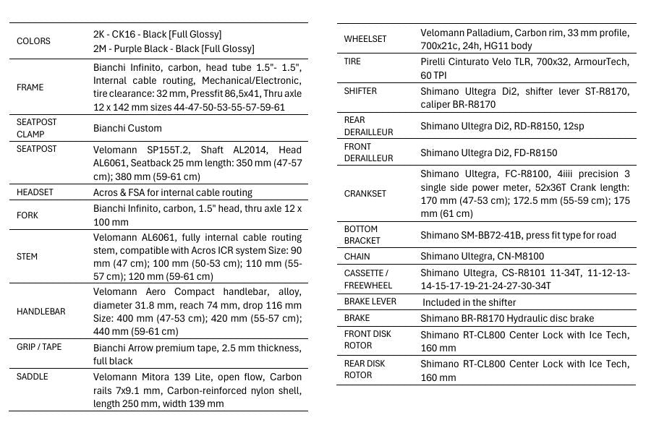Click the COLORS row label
point(33,41)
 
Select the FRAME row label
point(30,87)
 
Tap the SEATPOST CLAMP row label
point(36,128)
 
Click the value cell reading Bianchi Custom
point(127,129)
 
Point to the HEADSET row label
point(35,193)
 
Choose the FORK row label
point(27,215)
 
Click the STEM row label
point(27,257)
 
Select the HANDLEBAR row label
point(41,312)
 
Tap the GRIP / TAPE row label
point(39,347)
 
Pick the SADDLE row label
point(33,377)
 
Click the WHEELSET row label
point(365,39)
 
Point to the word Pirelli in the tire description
point(435,62)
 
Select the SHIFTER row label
point(360,92)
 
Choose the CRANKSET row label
point(365,194)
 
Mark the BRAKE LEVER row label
point(370,302)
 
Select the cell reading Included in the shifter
point(469,302)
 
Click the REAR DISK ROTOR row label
point(365,369)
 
